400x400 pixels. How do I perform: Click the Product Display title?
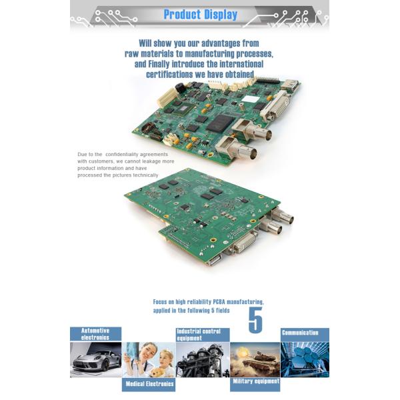click(201, 15)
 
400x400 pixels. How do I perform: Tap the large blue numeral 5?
click(255, 320)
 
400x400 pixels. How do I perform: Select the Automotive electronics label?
click(95, 334)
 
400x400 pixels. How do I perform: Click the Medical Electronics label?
click(149, 384)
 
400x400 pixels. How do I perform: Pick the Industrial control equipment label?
click(199, 335)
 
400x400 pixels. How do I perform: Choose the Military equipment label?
click(256, 381)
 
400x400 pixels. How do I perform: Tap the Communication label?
click(300, 333)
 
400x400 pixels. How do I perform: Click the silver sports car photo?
click(95, 360)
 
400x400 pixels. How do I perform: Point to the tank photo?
click(255, 360)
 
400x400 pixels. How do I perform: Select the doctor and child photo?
click(149, 360)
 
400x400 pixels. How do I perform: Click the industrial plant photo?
click(203, 360)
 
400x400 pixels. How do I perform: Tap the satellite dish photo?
click(305, 360)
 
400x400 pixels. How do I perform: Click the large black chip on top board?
click(220, 123)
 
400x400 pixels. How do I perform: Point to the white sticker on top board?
click(250, 99)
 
